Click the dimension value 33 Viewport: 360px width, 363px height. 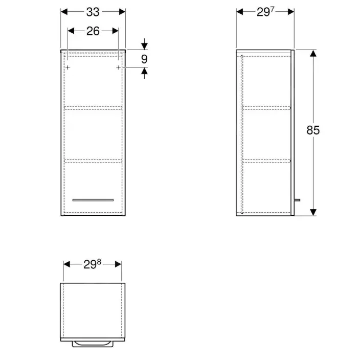click(93, 12)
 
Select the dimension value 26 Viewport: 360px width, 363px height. click(93, 31)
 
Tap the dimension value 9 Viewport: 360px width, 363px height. click(144, 59)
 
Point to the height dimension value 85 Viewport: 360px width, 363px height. click(313, 130)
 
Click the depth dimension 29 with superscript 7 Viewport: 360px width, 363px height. click(265, 12)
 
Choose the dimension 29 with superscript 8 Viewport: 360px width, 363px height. click(92, 264)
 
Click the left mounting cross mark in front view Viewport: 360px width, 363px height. click(67, 67)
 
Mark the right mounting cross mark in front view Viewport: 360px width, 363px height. click(118, 67)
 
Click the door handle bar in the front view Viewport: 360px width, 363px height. click(93, 200)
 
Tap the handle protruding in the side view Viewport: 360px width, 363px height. click(297, 200)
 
